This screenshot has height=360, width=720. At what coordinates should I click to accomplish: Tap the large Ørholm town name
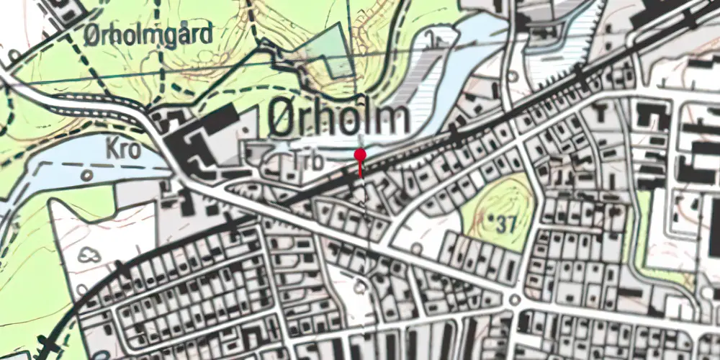pos(339,117)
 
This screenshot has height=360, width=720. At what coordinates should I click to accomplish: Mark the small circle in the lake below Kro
pos(86,174)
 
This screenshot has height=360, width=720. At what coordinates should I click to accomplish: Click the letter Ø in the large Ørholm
pos(283,117)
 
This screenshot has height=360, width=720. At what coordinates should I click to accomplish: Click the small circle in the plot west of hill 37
pos(417,246)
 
